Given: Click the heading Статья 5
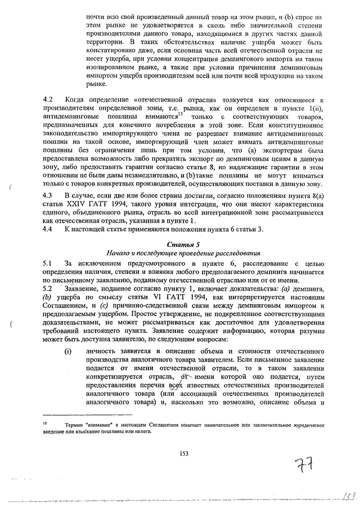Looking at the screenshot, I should coord(183,245).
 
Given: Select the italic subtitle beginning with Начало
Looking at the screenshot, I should coord(183,253).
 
